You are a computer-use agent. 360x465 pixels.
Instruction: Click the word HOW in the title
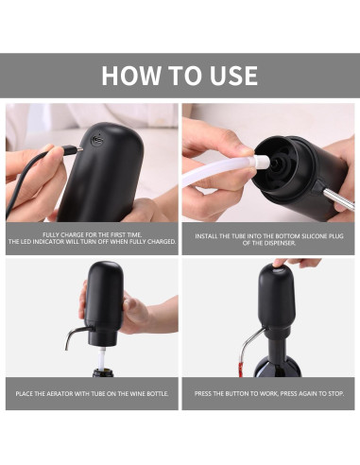pyautogui.click(x=129, y=76)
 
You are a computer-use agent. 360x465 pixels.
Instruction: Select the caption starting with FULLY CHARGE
pyautogui.click(x=91, y=237)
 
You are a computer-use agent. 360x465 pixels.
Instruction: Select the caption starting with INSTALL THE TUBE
pyautogui.click(x=268, y=237)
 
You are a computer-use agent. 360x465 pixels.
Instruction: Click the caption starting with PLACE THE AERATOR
pyautogui.click(x=91, y=391)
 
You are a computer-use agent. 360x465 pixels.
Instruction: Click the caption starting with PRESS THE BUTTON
pyautogui.click(x=268, y=391)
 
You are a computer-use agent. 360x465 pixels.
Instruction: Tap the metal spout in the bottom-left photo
pyautogui.click(x=76, y=333)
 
